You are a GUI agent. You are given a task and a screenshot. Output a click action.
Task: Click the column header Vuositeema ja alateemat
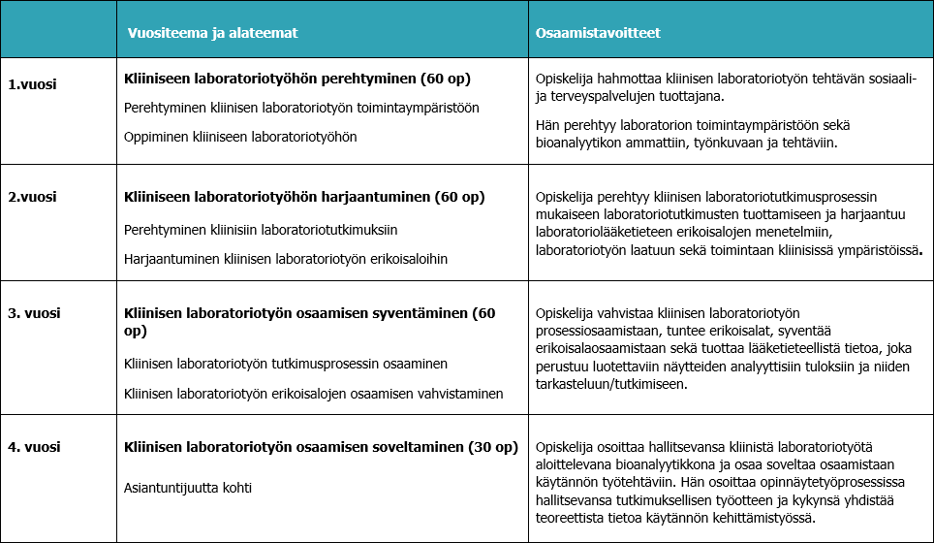tap(213, 33)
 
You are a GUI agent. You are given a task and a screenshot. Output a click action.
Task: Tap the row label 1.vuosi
tap(33, 83)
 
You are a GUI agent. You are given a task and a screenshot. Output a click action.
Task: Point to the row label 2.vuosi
tap(33, 197)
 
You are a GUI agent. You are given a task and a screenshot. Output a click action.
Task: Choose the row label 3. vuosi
tap(35, 313)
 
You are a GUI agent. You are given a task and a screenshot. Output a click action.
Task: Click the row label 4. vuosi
tap(35, 447)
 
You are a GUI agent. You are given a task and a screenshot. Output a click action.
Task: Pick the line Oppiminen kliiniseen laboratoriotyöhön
tap(240, 138)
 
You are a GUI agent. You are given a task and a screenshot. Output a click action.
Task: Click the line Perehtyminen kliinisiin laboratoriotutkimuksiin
tap(262, 230)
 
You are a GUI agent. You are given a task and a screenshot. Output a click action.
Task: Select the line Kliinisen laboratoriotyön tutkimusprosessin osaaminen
tap(286, 364)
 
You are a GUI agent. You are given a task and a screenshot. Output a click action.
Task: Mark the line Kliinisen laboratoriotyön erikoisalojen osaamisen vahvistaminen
tap(314, 394)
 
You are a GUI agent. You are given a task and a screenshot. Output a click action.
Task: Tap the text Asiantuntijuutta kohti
tap(188, 487)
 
